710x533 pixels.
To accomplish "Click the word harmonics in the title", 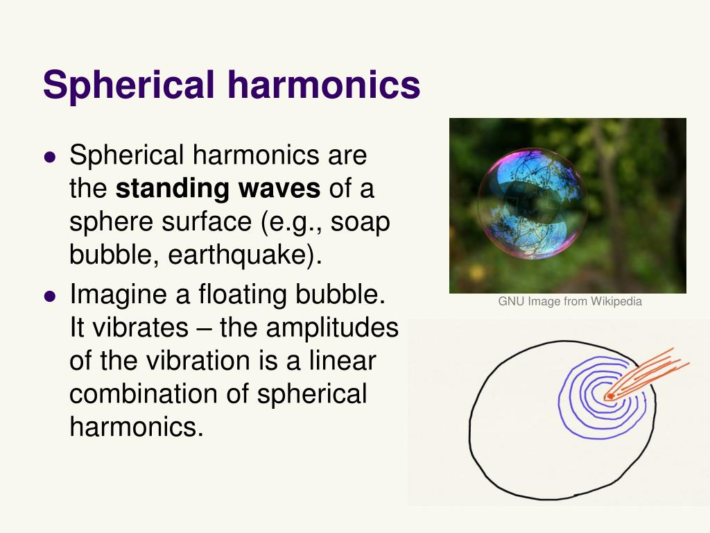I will [x=322, y=85].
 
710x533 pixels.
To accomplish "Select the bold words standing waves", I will [x=217, y=188].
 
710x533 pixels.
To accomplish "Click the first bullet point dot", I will [x=49, y=156].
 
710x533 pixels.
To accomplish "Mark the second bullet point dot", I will [x=49, y=295].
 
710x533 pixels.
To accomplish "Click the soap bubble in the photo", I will [x=532, y=203].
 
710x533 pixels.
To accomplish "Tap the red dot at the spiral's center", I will [x=609, y=396].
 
